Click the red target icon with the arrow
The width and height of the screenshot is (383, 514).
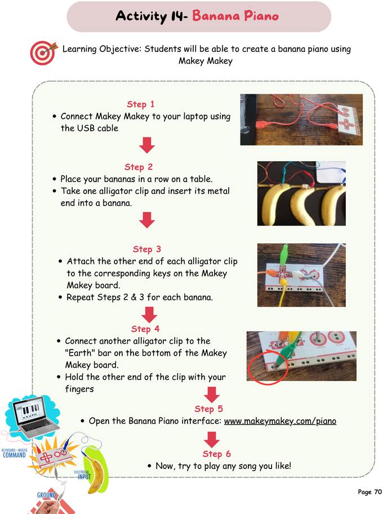coord(43,53)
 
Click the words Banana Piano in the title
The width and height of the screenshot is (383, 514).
coord(235,16)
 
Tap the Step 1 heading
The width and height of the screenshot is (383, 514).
coord(140,104)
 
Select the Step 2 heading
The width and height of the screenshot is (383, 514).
coord(139,167)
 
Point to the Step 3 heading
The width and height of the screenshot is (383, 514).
coord(147,249)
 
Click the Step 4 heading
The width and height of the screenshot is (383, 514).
coord(145,329)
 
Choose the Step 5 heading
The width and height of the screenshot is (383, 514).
coord(208,409)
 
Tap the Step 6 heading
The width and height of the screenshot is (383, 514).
coord(216,454)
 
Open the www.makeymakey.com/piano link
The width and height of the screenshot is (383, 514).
coord(280,421)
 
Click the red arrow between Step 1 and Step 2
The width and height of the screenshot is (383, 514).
coord(147,145)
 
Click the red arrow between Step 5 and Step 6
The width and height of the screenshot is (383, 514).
coord(212,438)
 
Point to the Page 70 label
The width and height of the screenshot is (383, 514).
coord(369,492)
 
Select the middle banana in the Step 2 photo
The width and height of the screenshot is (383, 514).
coord(302,204)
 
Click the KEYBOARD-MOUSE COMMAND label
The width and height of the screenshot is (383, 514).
coord(14,453)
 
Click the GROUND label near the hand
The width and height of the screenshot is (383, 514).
coord(46,495)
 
